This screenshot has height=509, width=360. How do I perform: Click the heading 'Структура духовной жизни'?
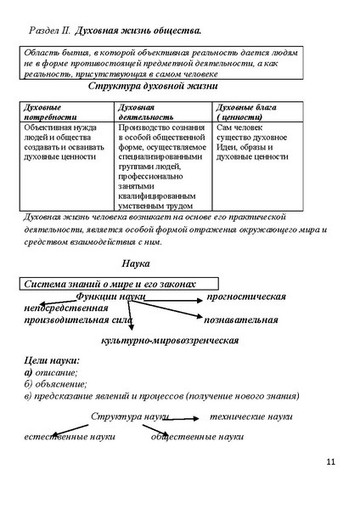point(154,86)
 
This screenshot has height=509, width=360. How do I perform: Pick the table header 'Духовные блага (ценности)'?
point(247,112)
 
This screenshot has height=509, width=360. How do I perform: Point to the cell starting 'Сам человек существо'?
point(253,142)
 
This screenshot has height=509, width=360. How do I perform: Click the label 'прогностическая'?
point(246,296)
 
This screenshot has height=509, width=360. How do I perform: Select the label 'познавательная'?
point(241,320)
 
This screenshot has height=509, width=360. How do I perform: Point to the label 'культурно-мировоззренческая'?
point(169,340)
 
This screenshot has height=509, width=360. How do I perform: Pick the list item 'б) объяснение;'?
point(53,384)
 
